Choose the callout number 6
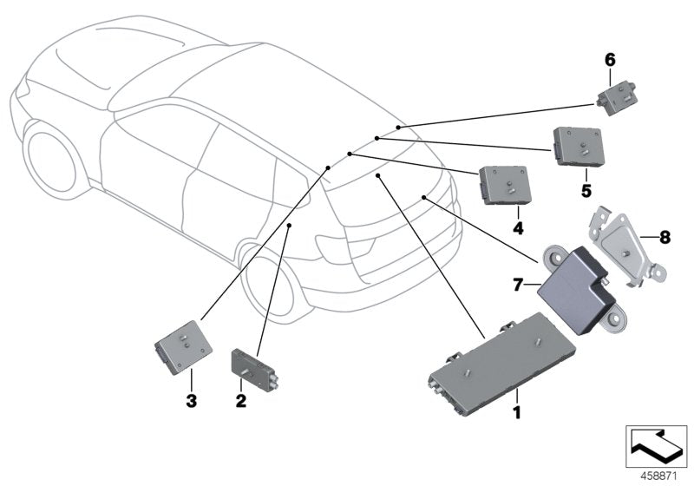click(609, 59)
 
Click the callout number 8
click(665, 235)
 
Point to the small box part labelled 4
click(510, 183)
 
